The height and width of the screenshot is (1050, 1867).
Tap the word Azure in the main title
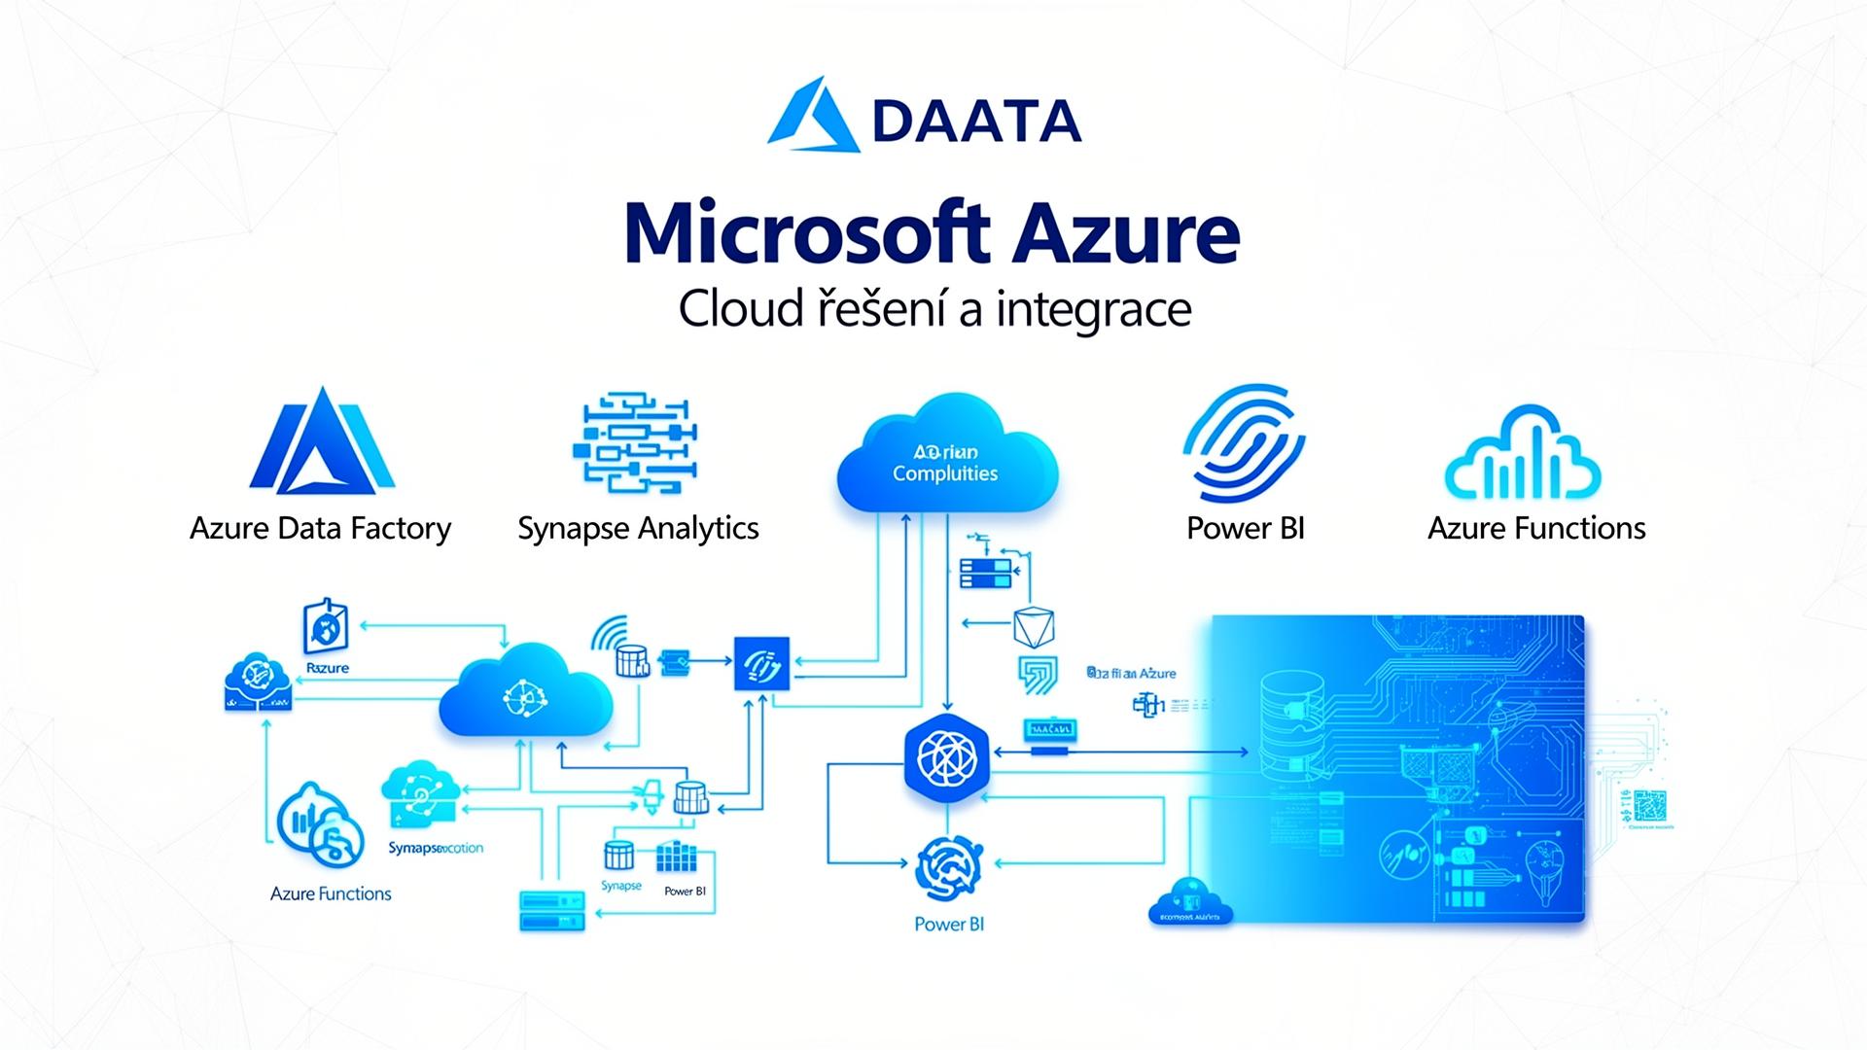pos(1125,233)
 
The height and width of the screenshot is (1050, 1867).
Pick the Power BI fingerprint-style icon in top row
pos(1244,442)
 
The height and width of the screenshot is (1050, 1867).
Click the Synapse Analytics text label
pos(638,528)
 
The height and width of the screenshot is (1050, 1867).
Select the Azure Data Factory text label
pos(320,528)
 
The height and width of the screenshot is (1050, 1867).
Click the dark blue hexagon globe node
pos(946,759)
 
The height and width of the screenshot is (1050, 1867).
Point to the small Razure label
pos(328,668)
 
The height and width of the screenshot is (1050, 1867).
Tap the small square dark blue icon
pos(761,664)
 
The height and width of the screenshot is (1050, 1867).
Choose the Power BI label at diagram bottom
pos(949,924)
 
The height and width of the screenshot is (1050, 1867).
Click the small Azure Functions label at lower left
pos(331,893)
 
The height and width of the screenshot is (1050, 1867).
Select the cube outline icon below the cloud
pos(1034,627)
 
